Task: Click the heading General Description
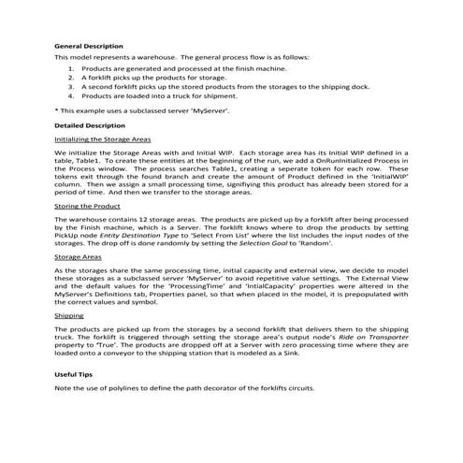pos(89,46)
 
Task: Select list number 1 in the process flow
pos(73,69)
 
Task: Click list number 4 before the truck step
pos(73,95)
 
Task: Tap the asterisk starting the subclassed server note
pos(56,110)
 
